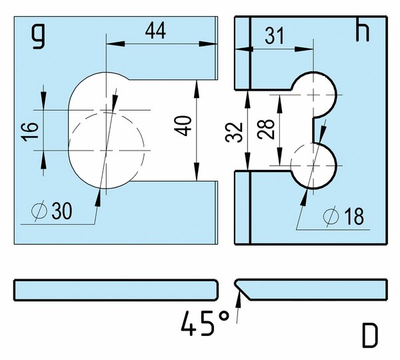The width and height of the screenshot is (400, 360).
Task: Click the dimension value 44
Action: click(x=155, y=31)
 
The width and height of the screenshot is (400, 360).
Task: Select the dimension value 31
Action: click(x=274, y=36)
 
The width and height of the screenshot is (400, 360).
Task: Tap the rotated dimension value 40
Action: click(x=183, y=126)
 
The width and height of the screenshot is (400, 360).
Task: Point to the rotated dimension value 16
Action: click(x=30, y=132)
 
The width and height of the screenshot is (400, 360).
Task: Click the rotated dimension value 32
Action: click(x=234, y=133)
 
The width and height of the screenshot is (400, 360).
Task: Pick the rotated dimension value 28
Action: click(x=266, y=129)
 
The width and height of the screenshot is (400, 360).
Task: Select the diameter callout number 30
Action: click(x=62, y=211)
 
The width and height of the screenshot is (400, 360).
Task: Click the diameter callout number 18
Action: click(x=354, y=217)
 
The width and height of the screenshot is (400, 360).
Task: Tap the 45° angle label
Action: click(x=205, y=323)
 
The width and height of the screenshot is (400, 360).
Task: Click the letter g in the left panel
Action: click(x=39, y=36)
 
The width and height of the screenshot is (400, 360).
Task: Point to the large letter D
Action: click(x=369, y=335)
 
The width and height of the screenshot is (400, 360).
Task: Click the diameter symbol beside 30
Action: click(x=39, y=211)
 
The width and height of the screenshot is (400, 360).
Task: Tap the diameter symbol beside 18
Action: click(x=331, y=217)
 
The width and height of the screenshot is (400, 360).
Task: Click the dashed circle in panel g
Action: click(x=107, y=150)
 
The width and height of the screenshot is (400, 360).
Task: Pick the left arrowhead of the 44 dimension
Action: click(x=115, y=43)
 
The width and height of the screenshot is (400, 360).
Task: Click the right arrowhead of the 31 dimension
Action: click(x=304, y=49)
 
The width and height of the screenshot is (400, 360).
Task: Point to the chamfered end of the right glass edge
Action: click(x=242, y=290)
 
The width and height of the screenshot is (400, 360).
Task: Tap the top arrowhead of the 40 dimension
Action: click(x=197, y=89)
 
